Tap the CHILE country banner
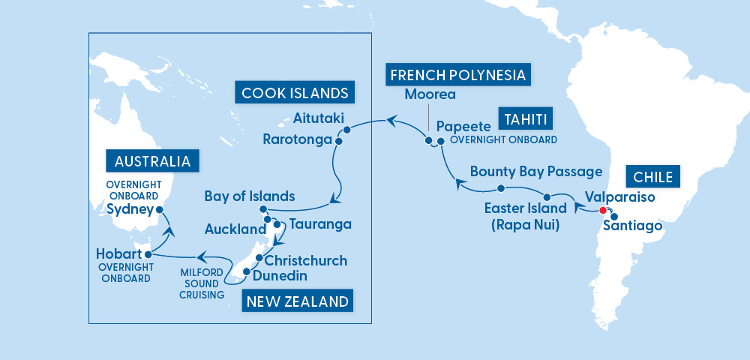(x=652, y=178)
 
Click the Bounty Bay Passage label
(x=536, y=172)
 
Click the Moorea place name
(x=430, y=94)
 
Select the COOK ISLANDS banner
(x=295, y=93)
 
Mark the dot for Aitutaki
(x=347, y=129)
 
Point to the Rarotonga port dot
(x=339, y=140)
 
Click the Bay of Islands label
(x=249, y=196)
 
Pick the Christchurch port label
(x=306, y=260)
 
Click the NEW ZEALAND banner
(x=295, y=301)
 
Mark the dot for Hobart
(x=148, y=253)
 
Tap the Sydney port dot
(x=159, y=210)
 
